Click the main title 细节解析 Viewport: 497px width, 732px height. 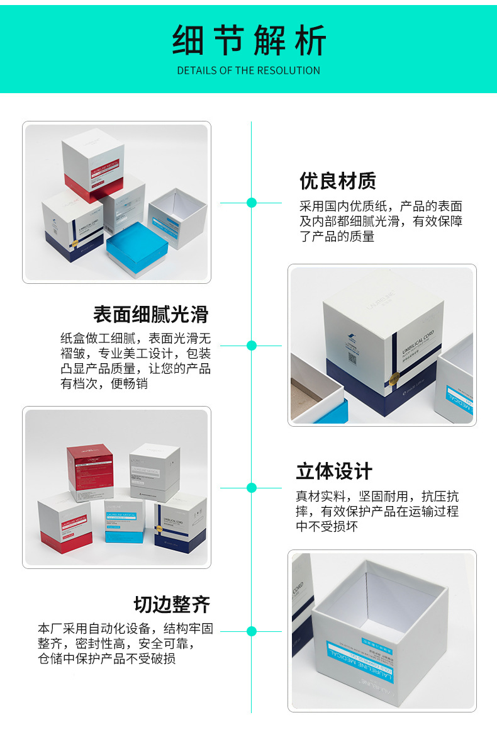[248, 41]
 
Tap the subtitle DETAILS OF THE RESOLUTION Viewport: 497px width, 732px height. [248, 70]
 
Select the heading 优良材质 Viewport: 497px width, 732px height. [338, 181]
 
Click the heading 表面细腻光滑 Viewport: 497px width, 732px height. [150, 314]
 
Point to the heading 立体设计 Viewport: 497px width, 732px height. [334, 471]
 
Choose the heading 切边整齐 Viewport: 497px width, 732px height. [171, 605]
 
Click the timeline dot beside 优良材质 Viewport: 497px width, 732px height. [252, 203]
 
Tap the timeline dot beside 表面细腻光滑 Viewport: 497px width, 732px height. [252, 346]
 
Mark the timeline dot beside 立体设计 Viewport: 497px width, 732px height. [252, 487]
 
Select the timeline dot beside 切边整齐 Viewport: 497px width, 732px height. [252, 631]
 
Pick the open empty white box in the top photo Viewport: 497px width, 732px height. [176, 217]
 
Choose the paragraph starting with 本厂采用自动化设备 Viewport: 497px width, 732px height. [125, 643]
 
